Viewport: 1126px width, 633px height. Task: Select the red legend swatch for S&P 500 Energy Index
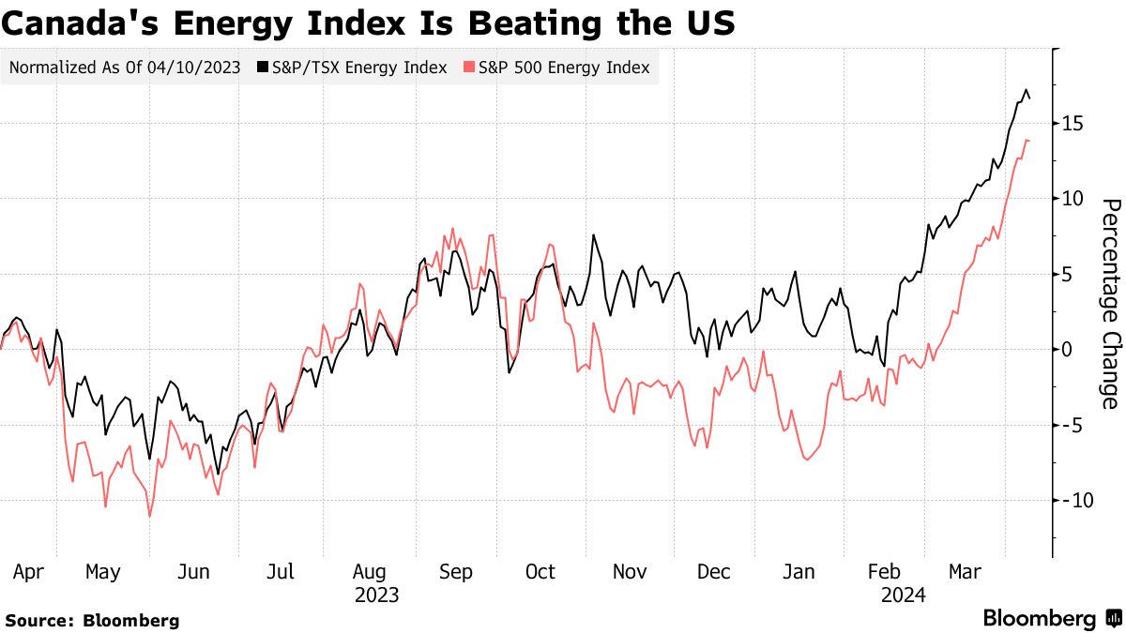(x=470, y=68)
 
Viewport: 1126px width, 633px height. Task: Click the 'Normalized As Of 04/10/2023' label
(x=124, y=68)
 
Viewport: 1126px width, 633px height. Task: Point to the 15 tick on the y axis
(x=1074, y=124)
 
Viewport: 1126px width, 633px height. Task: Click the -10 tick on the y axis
(x=1072, y=500)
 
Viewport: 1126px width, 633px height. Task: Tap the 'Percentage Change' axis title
(x=1110, y=304)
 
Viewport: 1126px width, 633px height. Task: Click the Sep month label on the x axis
(x=456, y=572)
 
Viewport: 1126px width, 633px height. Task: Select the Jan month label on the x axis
(x=799, y=572)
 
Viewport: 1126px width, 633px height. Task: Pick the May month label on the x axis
(x=103, y=572)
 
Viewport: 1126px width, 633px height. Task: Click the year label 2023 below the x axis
(x=376, y=595)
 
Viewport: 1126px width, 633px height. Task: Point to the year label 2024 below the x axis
(x=904, y=595)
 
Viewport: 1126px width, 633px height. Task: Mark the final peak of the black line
(x=1026, y=90)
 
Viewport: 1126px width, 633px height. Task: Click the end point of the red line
(x=1029, y=141)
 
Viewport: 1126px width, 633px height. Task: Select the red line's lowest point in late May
(x=149, y=516)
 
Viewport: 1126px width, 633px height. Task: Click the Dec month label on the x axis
(x=715, y=572)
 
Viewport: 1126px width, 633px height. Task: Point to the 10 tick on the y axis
(x=1074, y=199)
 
